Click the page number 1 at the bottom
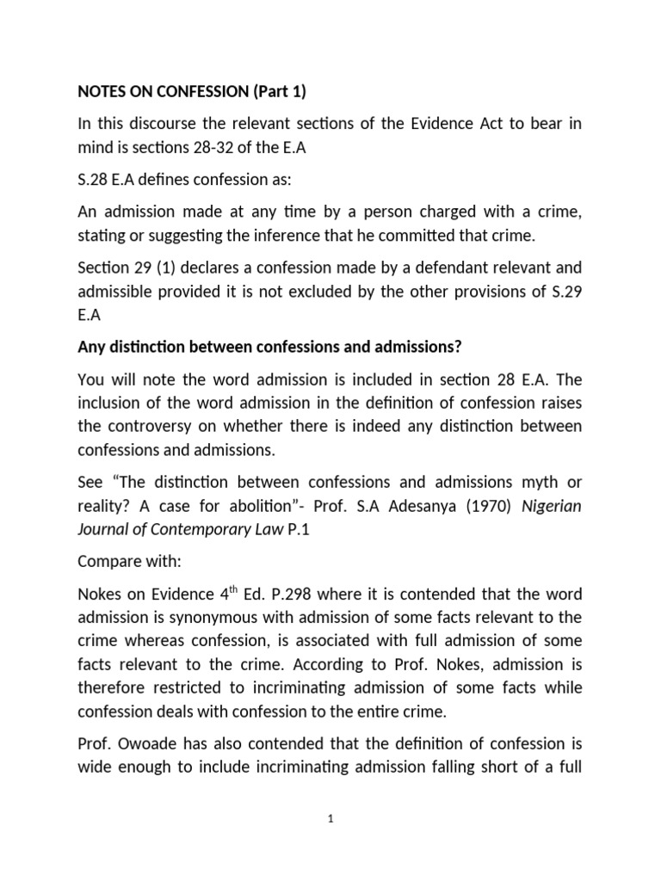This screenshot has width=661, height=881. coord(330,820)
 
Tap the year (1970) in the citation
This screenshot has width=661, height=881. coord(488,506)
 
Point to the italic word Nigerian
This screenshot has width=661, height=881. coord(552,506)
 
